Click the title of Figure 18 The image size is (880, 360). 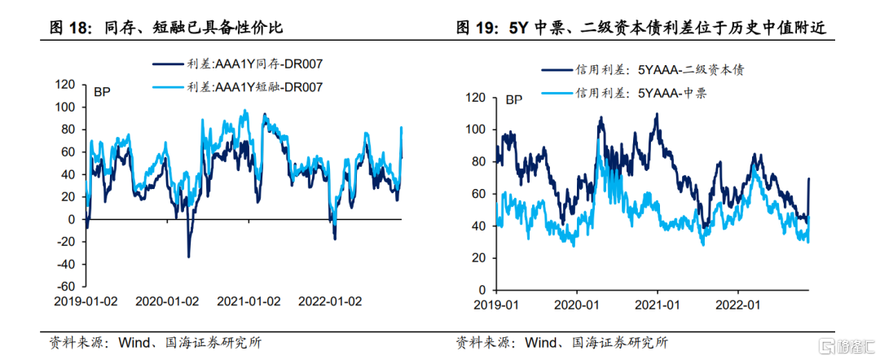[167, 28]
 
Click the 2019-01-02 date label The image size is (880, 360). [86, 301]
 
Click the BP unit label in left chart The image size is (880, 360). [103, 90]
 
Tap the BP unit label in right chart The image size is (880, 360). [515, 101]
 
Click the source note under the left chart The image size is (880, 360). [156, 342]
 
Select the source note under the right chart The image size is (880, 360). [561, 342]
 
